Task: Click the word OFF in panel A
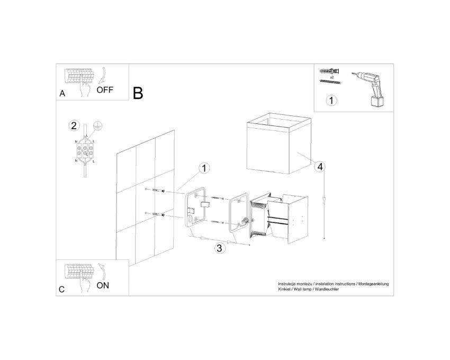tap(105, 90)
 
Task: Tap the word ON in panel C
tap(103, 285)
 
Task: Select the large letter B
tap(138, 93)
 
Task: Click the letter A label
tap(62, 94)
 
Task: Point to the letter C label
tap(62, 290)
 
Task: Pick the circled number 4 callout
tap(320, 167)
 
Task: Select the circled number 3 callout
tap(219, 248)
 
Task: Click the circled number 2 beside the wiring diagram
tap(74, 126)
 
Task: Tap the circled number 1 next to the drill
tap(331, 101)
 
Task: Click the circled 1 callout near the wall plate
tap(204, 168)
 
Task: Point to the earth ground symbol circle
tap(98, 126)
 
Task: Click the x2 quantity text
tap(332, 77)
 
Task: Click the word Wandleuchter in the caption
tap(327, 289)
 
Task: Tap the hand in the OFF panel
tap(85, 86)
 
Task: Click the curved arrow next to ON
tap(102, 271)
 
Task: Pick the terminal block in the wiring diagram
tap(85, 151)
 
